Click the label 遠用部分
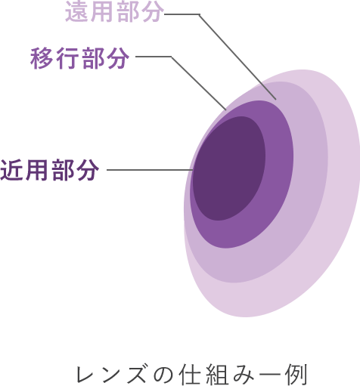pos(115,11)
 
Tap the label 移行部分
pos(79,58)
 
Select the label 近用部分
pos(50,170)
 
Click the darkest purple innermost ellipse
pos(229,168)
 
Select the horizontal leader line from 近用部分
pos(150,170)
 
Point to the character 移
pos(41,58)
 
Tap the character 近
pos(11,170)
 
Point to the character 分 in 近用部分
pos(88,170)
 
